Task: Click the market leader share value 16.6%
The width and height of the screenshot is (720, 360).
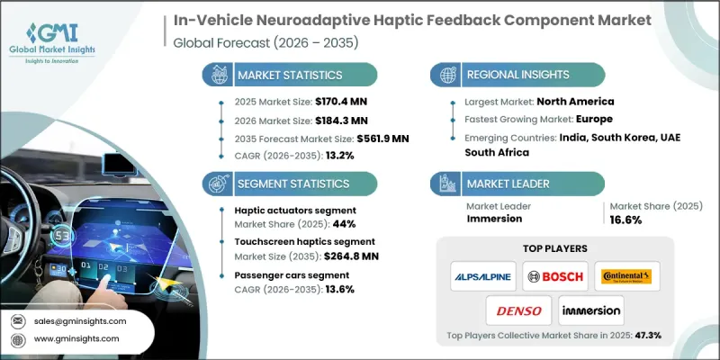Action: (x=625, y=221)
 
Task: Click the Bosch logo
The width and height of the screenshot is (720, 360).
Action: (x=556, y=276)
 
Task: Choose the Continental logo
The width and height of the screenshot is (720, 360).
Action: (x=627, y=276)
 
